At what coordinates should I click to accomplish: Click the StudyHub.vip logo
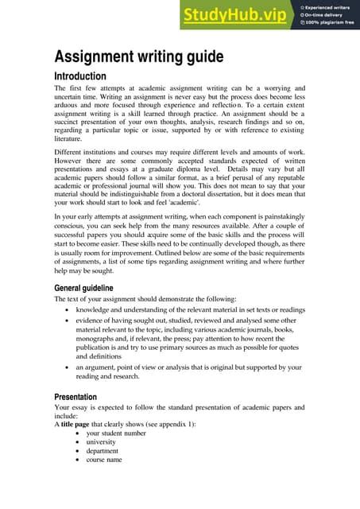(234, 15)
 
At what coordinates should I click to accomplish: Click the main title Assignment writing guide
(138, 57)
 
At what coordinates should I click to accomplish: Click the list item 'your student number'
(116, 433)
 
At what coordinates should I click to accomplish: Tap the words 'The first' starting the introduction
(68, 88)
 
